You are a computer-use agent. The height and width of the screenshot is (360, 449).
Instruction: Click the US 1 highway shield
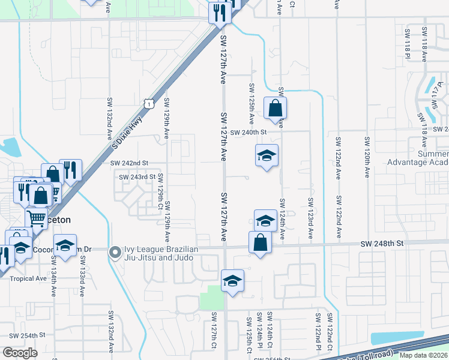click(x=149, y=104)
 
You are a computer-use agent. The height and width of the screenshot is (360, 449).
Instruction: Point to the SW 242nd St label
click(x=129, y=163)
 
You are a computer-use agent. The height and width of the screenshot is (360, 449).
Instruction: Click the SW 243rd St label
click(x=137, y=177)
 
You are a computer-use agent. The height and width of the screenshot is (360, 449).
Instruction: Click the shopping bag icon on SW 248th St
click(x=261, y=242)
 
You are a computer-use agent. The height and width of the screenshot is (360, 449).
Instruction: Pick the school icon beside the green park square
click(x=232, y=280)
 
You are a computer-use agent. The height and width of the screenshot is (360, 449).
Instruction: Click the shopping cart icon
click(x=37, y=219)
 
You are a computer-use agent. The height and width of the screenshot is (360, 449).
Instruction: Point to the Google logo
click(x=20, y=353)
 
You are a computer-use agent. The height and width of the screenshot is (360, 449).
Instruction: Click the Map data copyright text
click(x=423, y=355)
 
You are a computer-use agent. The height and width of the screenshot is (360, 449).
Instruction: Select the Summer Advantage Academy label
click(x=418, y=158)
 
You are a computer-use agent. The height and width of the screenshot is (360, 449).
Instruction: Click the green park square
click(x=211, y=298)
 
